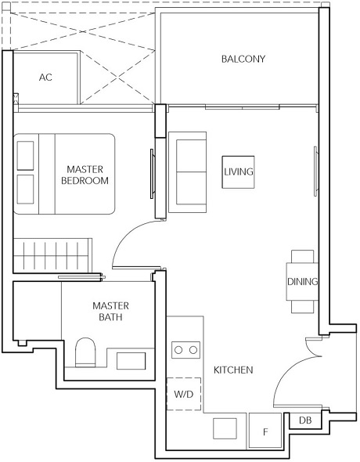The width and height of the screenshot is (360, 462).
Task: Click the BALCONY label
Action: [243, 59]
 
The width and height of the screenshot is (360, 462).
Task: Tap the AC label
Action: [45, 77]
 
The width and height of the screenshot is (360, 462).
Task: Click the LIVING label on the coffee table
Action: [238, 171]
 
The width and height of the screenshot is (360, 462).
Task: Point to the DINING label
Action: [302, 282]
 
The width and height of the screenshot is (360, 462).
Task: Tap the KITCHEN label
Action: [233, 370]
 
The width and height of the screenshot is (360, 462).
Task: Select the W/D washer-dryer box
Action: [184, 393]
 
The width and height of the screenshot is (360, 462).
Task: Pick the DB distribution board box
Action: [304, 421]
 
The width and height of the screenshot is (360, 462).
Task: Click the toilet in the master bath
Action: [85, 353]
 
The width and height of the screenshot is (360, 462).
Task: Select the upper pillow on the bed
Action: [26, 155]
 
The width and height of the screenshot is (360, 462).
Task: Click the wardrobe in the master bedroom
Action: [54, 256]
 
